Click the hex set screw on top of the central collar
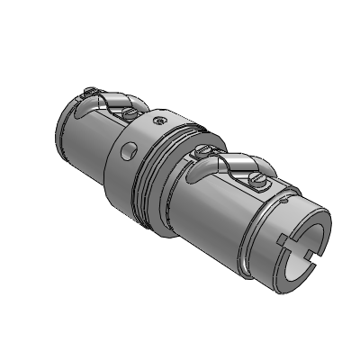coord(159,118)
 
